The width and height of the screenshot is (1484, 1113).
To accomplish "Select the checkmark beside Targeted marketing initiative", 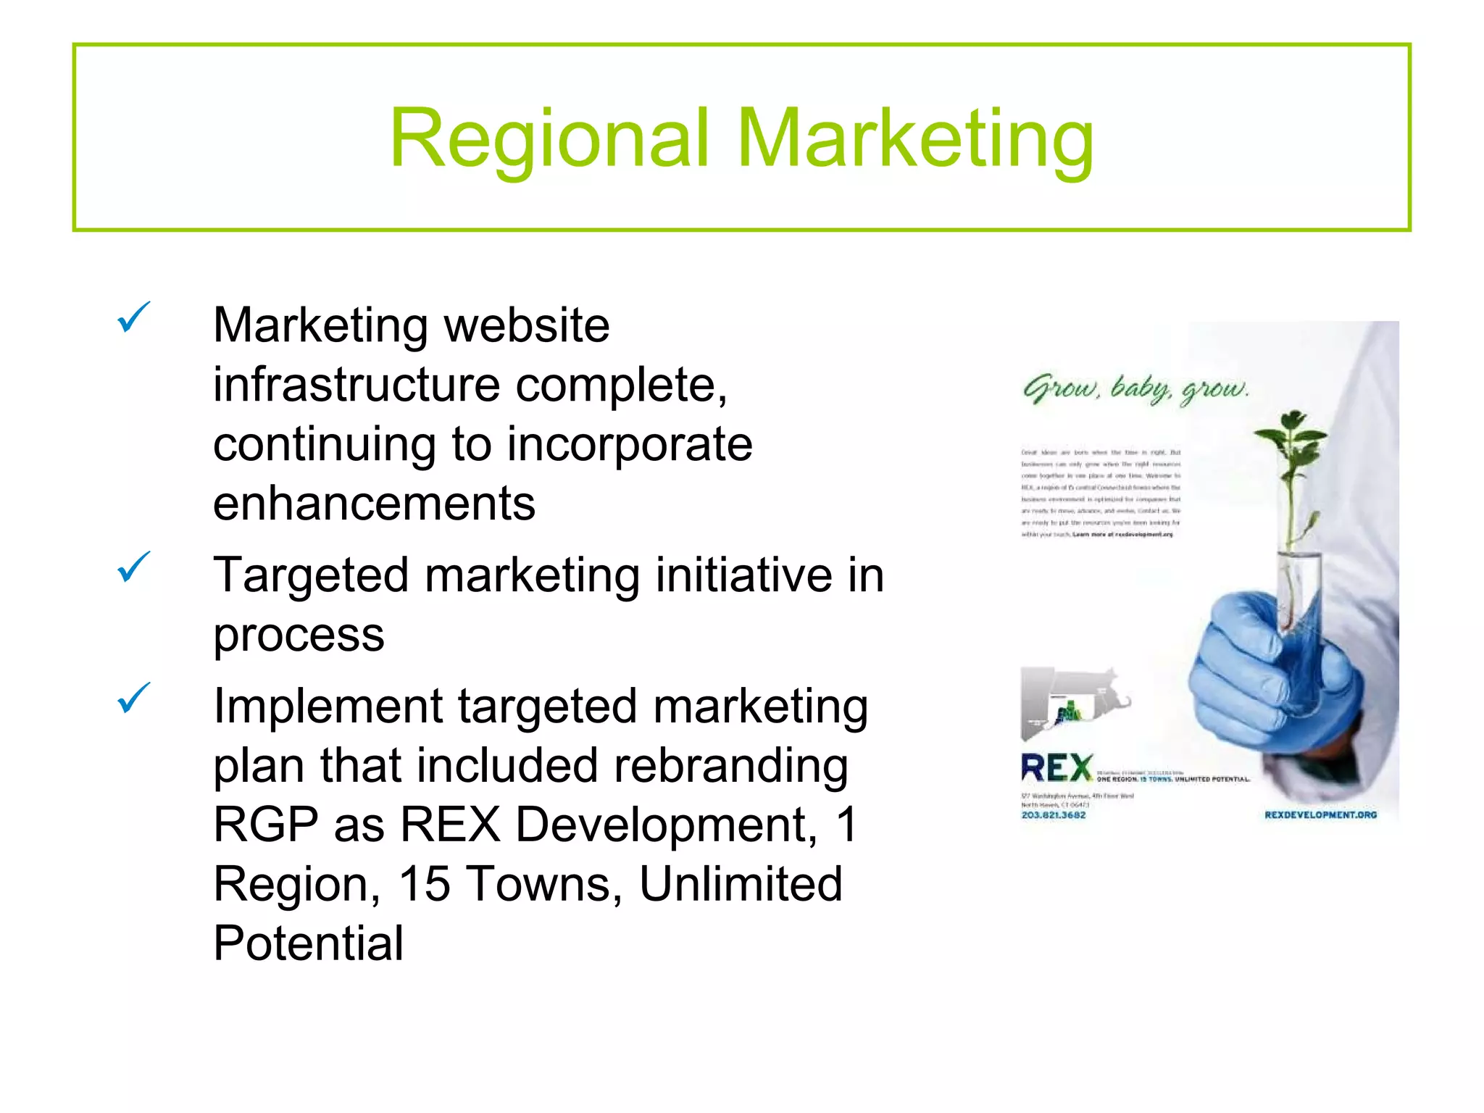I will click(133, 567).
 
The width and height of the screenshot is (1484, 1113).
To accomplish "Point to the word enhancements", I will click(374, 504).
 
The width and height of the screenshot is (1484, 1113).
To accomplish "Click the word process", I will click(299, 635).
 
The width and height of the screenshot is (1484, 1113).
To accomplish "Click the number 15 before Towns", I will click(424, 884).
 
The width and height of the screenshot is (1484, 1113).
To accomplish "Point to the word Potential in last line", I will click(308, 943).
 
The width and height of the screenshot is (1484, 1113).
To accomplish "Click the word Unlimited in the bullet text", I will click(741, 884).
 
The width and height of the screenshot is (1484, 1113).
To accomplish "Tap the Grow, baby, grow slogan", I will click(1135, 390).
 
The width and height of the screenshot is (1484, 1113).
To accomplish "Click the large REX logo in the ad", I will click(1057, 768).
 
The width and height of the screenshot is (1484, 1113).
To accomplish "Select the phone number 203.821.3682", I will click(1054, 815).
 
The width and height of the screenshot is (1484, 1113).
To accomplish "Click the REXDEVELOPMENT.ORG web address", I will click(1320, 815).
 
